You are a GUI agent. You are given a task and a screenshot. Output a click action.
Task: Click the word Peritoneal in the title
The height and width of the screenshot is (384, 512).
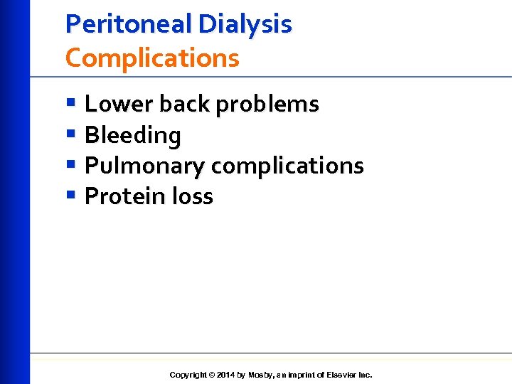(129, 24)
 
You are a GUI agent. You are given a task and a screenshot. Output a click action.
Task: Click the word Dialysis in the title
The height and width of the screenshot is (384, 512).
(245, 24)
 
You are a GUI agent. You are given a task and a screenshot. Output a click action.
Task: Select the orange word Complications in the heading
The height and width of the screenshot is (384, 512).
(152, 58)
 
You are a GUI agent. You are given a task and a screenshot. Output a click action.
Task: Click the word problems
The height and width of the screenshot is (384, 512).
(267, 105)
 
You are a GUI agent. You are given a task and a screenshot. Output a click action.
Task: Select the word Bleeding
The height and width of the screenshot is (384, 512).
(133, 135)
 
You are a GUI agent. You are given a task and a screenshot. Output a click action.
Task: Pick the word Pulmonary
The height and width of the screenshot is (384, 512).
(144, 166)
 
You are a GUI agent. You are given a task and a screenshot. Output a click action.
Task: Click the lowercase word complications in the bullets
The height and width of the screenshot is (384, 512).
(288, 166)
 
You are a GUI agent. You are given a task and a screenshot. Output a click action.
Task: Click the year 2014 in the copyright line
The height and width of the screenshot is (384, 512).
(226, 375)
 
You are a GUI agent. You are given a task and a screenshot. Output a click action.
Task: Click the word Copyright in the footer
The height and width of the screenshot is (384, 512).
(188, 375)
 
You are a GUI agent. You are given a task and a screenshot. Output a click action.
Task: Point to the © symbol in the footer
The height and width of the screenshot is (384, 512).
(212, 375)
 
